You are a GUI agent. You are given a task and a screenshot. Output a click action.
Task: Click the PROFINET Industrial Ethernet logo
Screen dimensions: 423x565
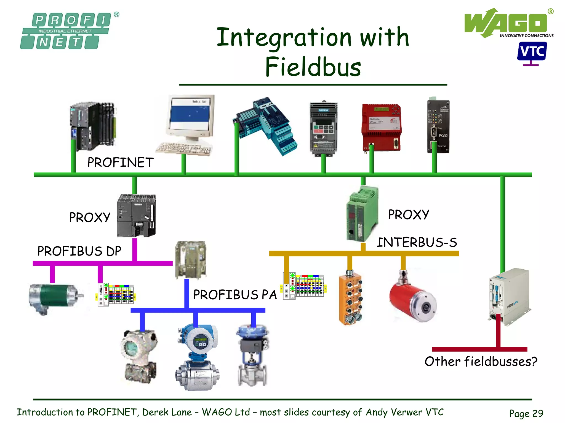[x=66, y=31]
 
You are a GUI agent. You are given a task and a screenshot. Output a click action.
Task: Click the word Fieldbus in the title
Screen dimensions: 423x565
[x=313, y=67]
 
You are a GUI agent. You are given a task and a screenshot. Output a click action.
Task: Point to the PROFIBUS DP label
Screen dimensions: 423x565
[x=79, y=251]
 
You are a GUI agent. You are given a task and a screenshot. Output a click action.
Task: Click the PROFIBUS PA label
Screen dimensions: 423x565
[x=235, y=295]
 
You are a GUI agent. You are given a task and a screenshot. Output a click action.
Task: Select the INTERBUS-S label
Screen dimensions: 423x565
[x=417, y=242]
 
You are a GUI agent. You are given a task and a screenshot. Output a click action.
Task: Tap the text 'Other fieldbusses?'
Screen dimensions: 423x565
[x=481, y=361]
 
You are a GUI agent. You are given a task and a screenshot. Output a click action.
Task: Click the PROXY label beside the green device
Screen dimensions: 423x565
[x=408, y=215]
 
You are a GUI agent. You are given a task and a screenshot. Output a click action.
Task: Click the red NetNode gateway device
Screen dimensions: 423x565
[x=381, y=127]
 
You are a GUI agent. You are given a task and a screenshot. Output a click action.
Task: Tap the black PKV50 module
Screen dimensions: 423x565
[x=438, y=127]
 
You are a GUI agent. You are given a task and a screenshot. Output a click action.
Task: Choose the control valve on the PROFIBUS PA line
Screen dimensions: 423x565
[x=252, y=355]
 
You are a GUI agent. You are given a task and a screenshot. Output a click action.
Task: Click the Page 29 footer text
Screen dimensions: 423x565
[x=526, y=413]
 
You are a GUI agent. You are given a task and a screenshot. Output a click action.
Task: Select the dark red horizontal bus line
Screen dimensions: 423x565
[x=479, y=349]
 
